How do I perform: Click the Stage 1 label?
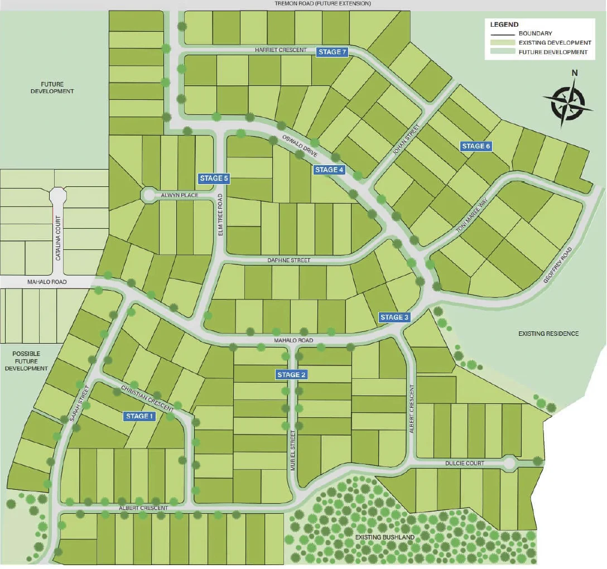tap(139, 416)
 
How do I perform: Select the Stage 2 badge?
tap(291, 374)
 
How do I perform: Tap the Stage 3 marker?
tap(394, 317)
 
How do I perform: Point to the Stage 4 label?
tap(329, 170)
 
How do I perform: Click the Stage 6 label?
tap(476, 146)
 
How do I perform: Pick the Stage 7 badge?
tap(332, 52)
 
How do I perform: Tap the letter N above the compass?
tap(574, 73)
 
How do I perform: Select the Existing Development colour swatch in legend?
tap(502, 43)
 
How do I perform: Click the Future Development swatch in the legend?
tap(502, 52)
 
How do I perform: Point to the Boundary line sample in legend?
tap(502, 33)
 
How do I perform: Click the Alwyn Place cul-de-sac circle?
tap(149, 195)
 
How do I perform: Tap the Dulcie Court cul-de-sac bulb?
tap(509, 462)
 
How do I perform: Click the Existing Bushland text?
tap(385, 537)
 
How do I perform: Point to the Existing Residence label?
tap(548, 334)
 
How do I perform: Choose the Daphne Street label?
tap(289, 261)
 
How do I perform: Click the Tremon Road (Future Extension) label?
tap(323, 3)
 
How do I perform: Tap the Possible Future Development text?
tap(30, 361)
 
